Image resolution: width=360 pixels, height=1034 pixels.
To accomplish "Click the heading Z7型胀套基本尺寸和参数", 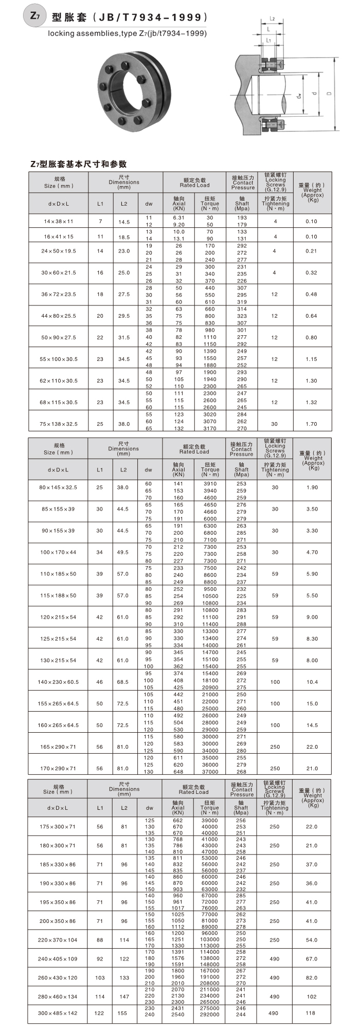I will click(x=78, y=164).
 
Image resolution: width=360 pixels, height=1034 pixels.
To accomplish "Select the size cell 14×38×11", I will click(x=58, y=221).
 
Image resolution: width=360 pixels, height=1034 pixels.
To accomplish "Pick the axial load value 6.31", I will click(x=178, y=217).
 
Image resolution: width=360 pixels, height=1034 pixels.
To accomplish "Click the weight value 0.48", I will click(x=311, y=294).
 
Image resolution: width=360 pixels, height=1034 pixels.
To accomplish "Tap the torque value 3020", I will click(x=210, y=414).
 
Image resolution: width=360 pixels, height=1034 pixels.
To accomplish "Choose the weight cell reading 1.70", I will click(x=311, y=424).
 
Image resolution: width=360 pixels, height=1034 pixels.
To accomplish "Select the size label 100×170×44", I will click(x=58, y=552).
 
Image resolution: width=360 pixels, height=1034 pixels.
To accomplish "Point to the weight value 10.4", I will click(x=312, y=682).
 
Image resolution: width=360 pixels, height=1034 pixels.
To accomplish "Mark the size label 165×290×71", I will click(x=58, y=747).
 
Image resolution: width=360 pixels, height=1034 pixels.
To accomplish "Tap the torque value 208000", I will click(x=209, y=983).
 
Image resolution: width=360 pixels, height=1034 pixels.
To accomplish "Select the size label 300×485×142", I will click(x=58, y=1013).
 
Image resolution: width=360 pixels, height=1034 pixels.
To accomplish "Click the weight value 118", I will click(x=311, y=1013).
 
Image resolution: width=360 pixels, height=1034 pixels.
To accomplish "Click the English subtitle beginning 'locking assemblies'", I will click(x=127, y=33).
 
